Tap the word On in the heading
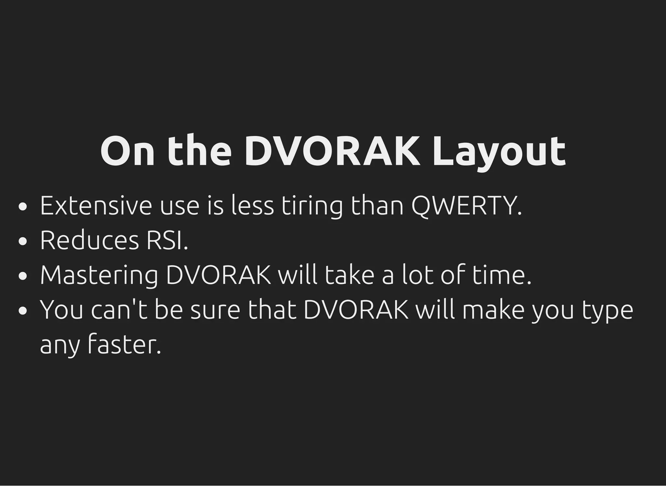(x=127, y=152)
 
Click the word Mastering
(x=99, y=276)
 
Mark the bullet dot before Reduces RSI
(x=22, y=242)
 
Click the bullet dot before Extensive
(x=22, y=207)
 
